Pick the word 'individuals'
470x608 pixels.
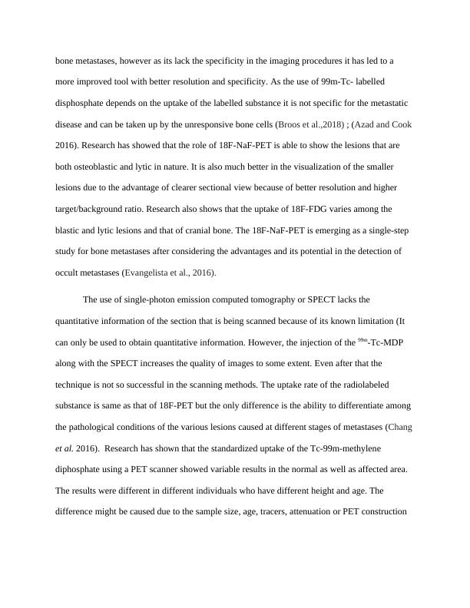[233, 491]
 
